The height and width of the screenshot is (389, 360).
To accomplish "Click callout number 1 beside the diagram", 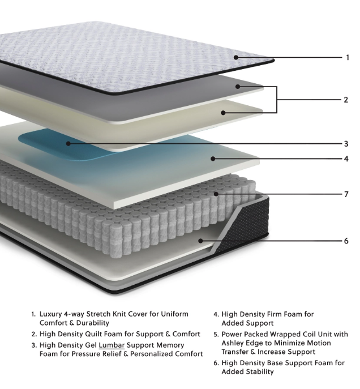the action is point(348,58).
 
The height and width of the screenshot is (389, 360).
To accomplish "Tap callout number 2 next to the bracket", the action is point(346,100).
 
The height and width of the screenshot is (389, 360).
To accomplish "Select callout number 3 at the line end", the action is point(346,144).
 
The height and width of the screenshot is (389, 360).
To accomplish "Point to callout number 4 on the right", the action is point(346,159).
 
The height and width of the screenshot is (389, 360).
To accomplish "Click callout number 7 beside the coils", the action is point(346,194).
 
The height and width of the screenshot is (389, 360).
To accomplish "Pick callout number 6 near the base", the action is point(346,241).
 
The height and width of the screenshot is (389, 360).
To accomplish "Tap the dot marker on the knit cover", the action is point(236,58).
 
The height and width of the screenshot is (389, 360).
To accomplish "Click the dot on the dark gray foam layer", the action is point(238,87).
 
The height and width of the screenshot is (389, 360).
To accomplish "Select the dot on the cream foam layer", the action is point(223,113).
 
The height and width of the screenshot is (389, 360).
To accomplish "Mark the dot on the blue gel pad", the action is point(68,143).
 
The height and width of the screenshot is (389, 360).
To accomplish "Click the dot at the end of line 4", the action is point(213,159).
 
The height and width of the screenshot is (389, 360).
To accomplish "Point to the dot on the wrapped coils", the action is point(216,194).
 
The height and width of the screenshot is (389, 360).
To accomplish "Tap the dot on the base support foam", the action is point(200,241).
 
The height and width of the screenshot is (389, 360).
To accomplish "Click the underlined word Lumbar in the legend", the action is point(112,345).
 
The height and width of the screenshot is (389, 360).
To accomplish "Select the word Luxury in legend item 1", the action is point(50,314).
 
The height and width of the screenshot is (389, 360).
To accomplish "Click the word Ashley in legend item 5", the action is point(233,343).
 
